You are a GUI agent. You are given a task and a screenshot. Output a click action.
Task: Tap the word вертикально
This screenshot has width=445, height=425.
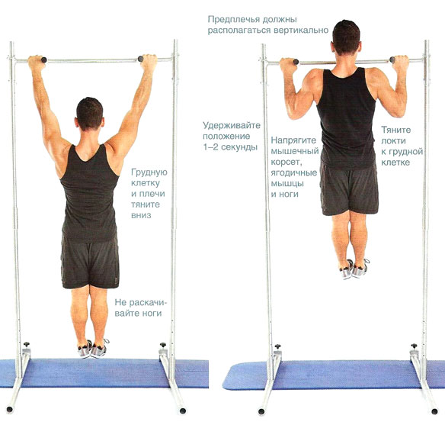[x=301, y=30]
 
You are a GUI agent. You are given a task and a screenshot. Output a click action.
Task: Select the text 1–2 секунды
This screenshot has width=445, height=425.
[x=230, y=146]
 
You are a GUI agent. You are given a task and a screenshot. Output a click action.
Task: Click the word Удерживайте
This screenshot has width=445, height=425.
[x=232, y=126]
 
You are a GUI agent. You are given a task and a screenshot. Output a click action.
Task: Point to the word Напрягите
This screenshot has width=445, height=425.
[x=293, y=140]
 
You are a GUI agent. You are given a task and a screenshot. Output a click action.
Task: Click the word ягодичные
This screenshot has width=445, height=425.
[x=294, y=172]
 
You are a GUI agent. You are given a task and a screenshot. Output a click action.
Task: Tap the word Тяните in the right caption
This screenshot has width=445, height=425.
[x=396, y=130]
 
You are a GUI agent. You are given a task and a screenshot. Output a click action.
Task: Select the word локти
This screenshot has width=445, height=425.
[x=393, y=141]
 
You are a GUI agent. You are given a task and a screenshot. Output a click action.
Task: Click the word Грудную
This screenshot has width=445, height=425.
[x=149, y=172]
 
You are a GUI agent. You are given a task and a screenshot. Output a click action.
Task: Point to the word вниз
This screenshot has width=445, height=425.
[x=141, y=215]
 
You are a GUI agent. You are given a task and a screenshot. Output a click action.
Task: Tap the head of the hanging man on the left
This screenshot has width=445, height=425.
[x=90, y=114]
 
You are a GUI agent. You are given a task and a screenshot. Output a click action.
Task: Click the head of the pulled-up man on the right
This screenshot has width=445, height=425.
[x=346, y=37]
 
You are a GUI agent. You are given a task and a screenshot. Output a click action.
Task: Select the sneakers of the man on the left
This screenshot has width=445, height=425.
[x=92, y=349]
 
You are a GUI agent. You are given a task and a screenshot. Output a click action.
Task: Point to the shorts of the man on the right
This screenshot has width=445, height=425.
[x=349, y=188]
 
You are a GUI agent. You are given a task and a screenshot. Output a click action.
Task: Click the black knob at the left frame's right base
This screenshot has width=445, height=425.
[x=163, y=345]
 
